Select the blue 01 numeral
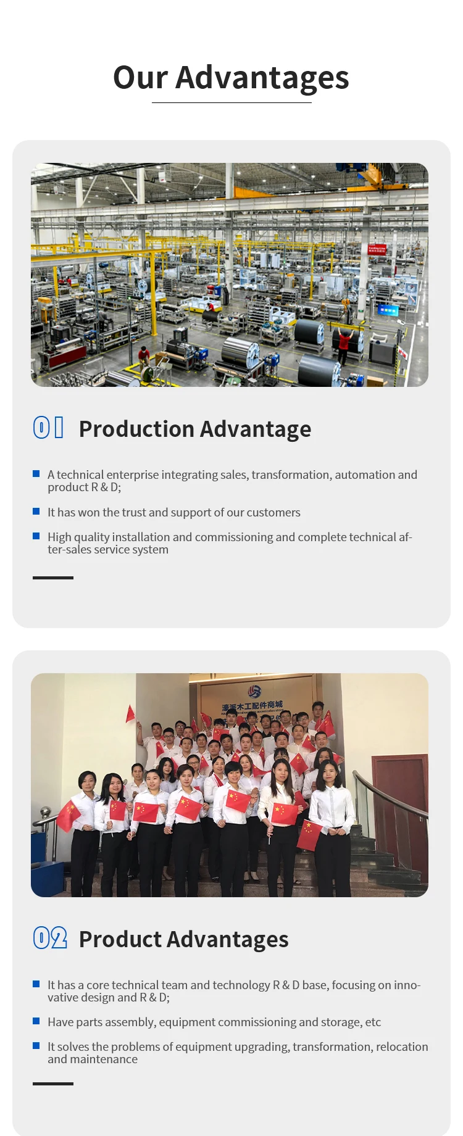48,427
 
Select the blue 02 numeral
49,937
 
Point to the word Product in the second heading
120,939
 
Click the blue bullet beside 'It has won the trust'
36,512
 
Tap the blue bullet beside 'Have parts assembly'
36,1021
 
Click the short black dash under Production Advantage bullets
53,578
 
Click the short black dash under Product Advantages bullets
53,1084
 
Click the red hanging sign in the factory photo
377,249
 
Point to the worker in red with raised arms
344,344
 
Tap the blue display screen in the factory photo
388,310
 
